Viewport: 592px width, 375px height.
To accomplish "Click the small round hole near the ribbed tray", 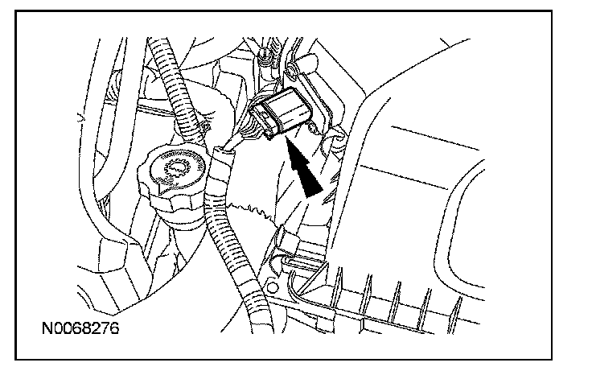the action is [273, 286].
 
